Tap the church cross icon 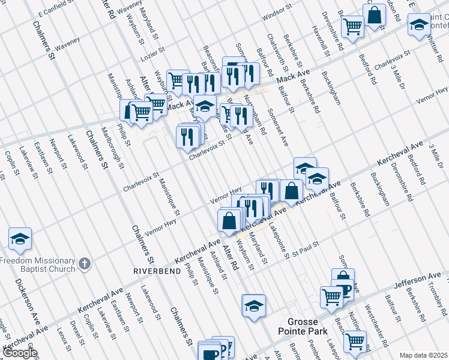(85, 263)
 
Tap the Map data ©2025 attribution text (423, 355)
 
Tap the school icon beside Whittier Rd (418, 25)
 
